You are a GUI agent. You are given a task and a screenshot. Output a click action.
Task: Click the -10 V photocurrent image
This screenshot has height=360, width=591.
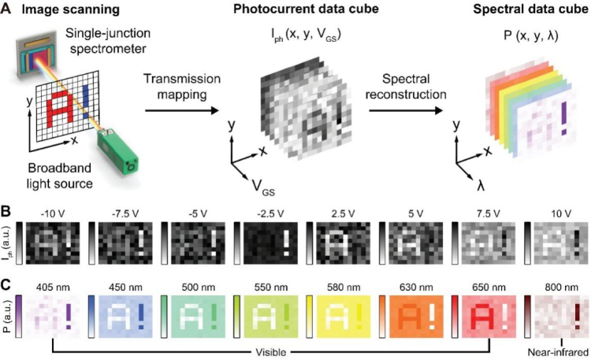pos(53,243)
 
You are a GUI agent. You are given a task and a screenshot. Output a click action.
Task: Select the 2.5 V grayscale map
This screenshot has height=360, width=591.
pos(343,243)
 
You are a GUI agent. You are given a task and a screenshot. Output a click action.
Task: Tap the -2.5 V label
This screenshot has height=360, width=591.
pos(270,213)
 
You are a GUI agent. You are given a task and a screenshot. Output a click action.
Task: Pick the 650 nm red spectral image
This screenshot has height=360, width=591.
pos(489,316)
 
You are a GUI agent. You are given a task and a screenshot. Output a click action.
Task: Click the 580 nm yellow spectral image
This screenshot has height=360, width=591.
pos(343,316)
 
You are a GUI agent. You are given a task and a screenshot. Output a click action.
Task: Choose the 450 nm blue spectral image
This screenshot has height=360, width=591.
pos(125,316)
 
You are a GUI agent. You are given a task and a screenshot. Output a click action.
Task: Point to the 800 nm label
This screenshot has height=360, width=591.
pos(561,288)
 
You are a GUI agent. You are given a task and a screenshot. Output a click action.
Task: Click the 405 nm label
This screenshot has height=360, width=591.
pos(53,288)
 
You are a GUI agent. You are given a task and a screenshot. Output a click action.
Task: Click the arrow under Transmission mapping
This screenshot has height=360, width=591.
pos(182,110)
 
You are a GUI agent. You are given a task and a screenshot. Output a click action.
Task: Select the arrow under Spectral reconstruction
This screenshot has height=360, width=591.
pos(406,110)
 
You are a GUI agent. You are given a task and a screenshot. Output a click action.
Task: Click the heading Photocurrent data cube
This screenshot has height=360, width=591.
pos(306,9)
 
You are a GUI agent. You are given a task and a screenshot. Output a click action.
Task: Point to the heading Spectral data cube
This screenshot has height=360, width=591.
pos(530,9)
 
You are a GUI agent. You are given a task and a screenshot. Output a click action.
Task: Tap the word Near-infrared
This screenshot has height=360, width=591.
pos(557,352)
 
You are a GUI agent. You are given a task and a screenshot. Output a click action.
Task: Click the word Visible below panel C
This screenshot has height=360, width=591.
pos(270,352)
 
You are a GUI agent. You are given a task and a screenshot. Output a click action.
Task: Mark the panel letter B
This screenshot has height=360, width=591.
pos(6,211)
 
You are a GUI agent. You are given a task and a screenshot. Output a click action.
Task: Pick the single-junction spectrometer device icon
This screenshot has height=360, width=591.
pos(36,55)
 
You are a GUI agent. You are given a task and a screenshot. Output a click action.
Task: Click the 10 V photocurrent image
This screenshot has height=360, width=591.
pos(561,243)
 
